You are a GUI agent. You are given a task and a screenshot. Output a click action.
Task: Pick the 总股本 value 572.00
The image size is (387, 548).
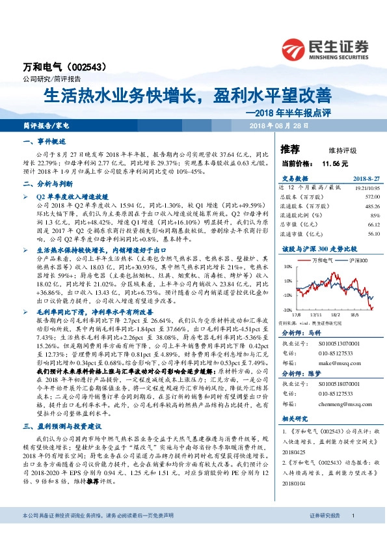(371, 196)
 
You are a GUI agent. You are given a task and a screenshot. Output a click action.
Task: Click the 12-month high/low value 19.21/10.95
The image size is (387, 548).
(366, 187)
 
